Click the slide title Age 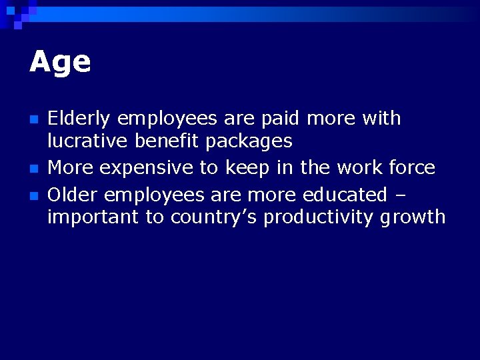coord(60,62)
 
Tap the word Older coord(73,195)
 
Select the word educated coord(344,195)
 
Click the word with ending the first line coord(381,119)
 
